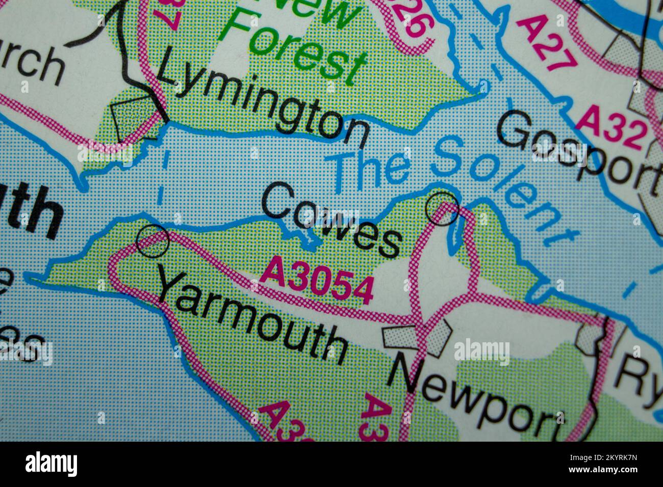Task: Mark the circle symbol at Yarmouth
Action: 153,241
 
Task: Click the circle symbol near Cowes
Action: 442,209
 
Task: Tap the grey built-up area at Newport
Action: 418,337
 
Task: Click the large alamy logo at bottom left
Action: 52,464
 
